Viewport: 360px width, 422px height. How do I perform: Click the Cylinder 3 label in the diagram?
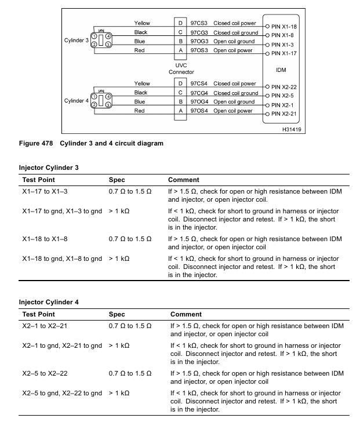click(x=77, y=41)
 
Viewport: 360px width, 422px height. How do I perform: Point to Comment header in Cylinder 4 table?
click(x=186, y=313)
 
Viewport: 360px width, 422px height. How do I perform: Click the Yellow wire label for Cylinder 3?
click(x=143, y=23)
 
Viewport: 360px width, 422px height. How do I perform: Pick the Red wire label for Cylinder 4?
click(x=139, y=111)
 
